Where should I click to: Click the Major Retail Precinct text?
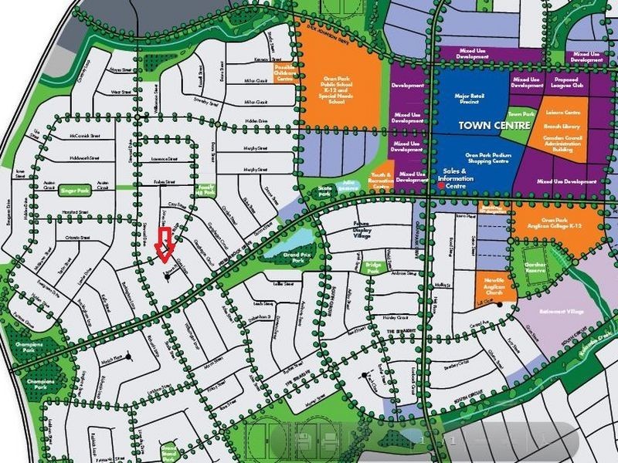pyautogui.click(x=470, y=100)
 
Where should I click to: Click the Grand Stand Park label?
pyautogui.click(x=168, y=452)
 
